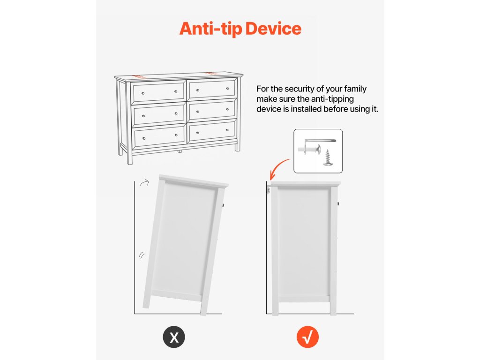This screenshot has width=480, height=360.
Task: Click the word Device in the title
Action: pyautogui.click(x=273, y=29)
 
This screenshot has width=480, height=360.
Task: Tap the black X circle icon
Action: pyautogui.click(x=174, y=337)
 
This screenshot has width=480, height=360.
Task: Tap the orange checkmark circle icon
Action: pyautogui.click(x=307, y=337)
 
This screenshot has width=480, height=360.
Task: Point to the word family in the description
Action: pyautogui.click(x=355, y=89)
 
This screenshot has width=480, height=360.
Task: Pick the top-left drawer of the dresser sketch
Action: pyautogui.click(x=158, y=92)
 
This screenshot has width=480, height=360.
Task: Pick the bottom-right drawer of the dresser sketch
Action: pyautogui.click(x=212, y=131)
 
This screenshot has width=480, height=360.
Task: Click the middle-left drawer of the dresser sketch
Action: pyautogui.click(x=159, y=114)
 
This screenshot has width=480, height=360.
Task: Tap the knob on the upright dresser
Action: pyautogui.click(x=338, y=203)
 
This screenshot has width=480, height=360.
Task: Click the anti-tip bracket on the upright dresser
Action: pyautogui.click(x=269, y=190)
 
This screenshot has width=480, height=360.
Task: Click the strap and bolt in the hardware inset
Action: pyautogui.click(x=316, y=146)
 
